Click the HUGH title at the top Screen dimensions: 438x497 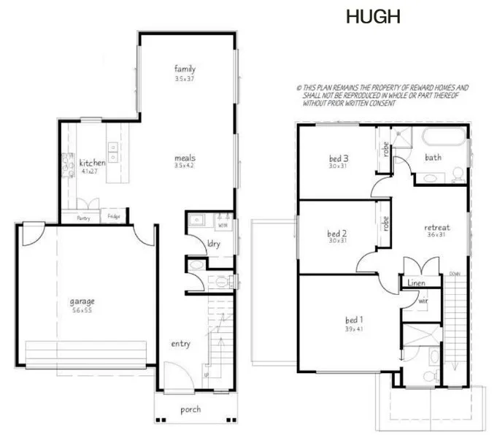point(374,18)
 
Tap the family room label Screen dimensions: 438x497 point(185,69)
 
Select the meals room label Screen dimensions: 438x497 point(185,157)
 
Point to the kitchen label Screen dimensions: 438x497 point(92,163)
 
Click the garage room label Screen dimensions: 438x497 point(82,301)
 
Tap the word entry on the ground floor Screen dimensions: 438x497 point(181,343)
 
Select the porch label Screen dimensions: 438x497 point(190,410)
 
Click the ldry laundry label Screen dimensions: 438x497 point(214,243)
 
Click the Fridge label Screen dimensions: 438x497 point(115,217)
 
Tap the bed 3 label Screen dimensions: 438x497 point(337,158)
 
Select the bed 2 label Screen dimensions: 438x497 point(336,234)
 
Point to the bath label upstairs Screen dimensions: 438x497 point(434,157)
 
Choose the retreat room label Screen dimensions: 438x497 point(437,228)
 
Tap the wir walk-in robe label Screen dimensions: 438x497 point(423,299)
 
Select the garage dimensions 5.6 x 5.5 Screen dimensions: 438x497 point(82,310)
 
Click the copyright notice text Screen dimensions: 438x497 point(382,95)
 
